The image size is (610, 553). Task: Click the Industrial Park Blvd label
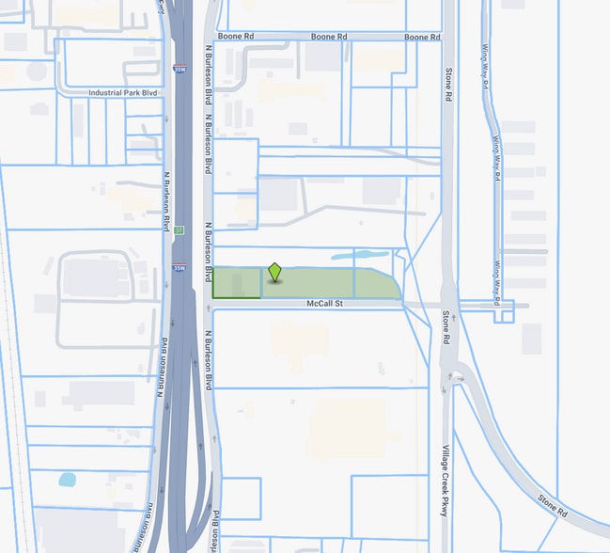(x=125, y=93)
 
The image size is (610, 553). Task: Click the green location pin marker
(x=274, y=273)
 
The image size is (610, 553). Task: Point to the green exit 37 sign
(x=179, y=229)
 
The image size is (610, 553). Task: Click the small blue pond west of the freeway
(x=67, y=479)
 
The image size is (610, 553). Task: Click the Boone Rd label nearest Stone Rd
(x=422, y=37)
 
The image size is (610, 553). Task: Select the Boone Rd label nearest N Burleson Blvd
(x=236, y=36)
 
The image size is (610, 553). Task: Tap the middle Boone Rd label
(x=329, y=37)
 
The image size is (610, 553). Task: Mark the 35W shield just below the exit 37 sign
(x=179, y=267)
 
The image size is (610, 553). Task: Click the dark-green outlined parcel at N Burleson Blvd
(x=236, y=283)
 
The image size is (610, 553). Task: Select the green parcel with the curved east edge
(x=378, y=284)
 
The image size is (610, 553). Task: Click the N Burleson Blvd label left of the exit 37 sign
(x=168, y=206)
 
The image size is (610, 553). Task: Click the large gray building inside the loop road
(x=93, y=278)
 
